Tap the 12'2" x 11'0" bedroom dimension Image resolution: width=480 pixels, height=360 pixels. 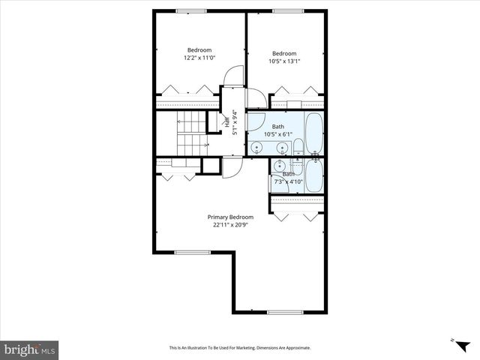(x=199, y=58)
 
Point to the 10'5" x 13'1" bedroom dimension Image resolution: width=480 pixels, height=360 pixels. (x=284, y=61)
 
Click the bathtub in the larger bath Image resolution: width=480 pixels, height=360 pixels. (x=313, y=133)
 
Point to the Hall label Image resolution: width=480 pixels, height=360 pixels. (x=227, y=121)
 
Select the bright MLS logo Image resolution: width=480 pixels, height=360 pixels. (x=29, y=349)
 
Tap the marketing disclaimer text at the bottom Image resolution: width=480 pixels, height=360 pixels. (x=239, y=348)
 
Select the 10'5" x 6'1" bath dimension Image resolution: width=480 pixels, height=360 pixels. (x=278, y=134)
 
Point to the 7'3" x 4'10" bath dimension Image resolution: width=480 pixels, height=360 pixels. (x=288, y=181)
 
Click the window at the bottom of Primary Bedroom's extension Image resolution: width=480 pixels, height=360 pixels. (x=279, y=312)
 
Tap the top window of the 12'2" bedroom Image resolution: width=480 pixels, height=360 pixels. (x=192, y=10)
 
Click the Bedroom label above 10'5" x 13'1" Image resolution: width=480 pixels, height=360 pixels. (x=284, y=53)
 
